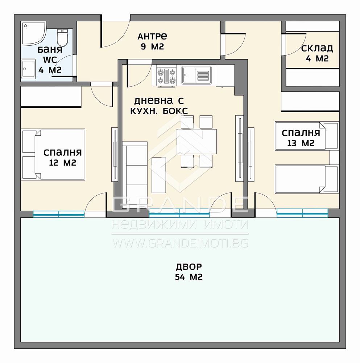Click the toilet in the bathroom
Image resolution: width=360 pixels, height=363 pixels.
point(62,37)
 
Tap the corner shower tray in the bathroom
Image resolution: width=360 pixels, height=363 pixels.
point(34,33)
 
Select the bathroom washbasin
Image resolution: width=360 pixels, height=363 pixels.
point(28,69)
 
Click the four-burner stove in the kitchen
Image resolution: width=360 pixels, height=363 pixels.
point(166,76)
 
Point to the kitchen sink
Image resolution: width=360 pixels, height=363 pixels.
point(196,75)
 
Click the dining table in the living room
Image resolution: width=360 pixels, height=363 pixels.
point(196,142)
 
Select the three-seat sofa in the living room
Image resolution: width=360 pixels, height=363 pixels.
point(135,174)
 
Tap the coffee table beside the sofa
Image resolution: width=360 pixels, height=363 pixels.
point(159,175)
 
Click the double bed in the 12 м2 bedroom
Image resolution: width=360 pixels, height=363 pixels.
point(53,154)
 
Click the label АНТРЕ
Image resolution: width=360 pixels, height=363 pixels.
point(152,36)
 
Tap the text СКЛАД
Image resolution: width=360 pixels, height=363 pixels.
point(317,48)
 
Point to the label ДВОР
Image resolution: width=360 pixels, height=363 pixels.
point(189,267)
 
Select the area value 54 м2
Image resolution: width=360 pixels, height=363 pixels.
point(189,277)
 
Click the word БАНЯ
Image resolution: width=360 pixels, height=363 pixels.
point(50,50)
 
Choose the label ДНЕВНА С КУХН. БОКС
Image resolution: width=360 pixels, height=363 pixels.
point(159,106)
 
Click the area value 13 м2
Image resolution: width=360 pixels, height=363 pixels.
point(301,143)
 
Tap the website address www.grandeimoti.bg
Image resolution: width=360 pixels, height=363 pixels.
point(180,243)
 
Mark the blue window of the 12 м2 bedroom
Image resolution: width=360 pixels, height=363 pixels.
point(59,214)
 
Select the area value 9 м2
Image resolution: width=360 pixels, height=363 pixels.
point(152,46)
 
